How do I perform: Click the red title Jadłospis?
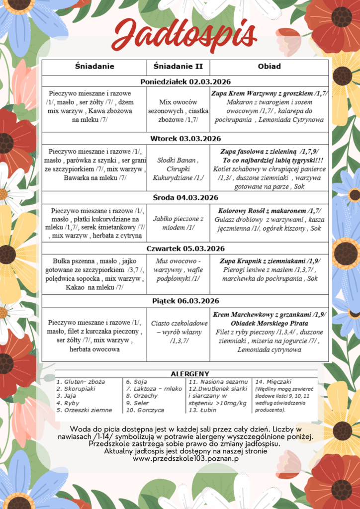183,36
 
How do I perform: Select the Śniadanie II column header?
178,66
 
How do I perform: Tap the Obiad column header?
269,66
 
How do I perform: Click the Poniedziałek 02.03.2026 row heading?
185,82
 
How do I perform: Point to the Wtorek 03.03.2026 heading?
185,138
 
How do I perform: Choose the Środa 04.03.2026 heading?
185,197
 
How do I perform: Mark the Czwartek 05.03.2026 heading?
185,249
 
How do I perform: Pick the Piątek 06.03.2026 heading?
185,301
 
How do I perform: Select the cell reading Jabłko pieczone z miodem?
178,223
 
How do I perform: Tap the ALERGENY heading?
189,374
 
